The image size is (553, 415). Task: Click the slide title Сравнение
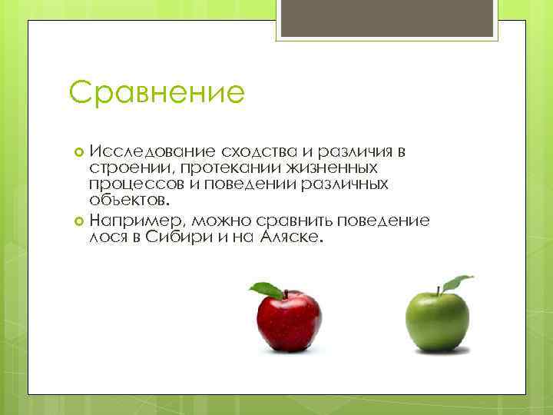coord(156,93)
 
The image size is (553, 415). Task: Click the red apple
coord(288,323)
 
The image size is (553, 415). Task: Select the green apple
coord(436,321)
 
